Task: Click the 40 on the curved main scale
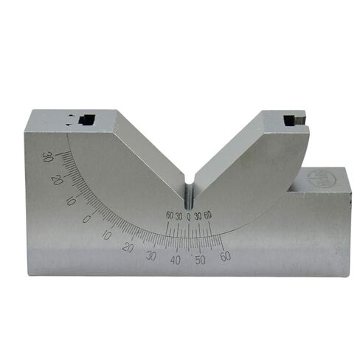click(x=176, y=260)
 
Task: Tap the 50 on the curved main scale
click(x=200, y=260)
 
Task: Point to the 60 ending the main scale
click(x=225, y=256)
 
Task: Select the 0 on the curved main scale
click(x=87, y=218)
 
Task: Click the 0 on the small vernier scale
click(x=189, y=215)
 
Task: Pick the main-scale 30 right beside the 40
click(x=151, y=255)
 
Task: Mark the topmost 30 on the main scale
click(x=47, y=156)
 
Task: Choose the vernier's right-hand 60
click(x=208, y=215)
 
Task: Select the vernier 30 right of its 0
click(x=198, y=215)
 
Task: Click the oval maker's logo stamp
click(x=325, y=179)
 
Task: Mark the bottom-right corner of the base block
click(x=347, y=275)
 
